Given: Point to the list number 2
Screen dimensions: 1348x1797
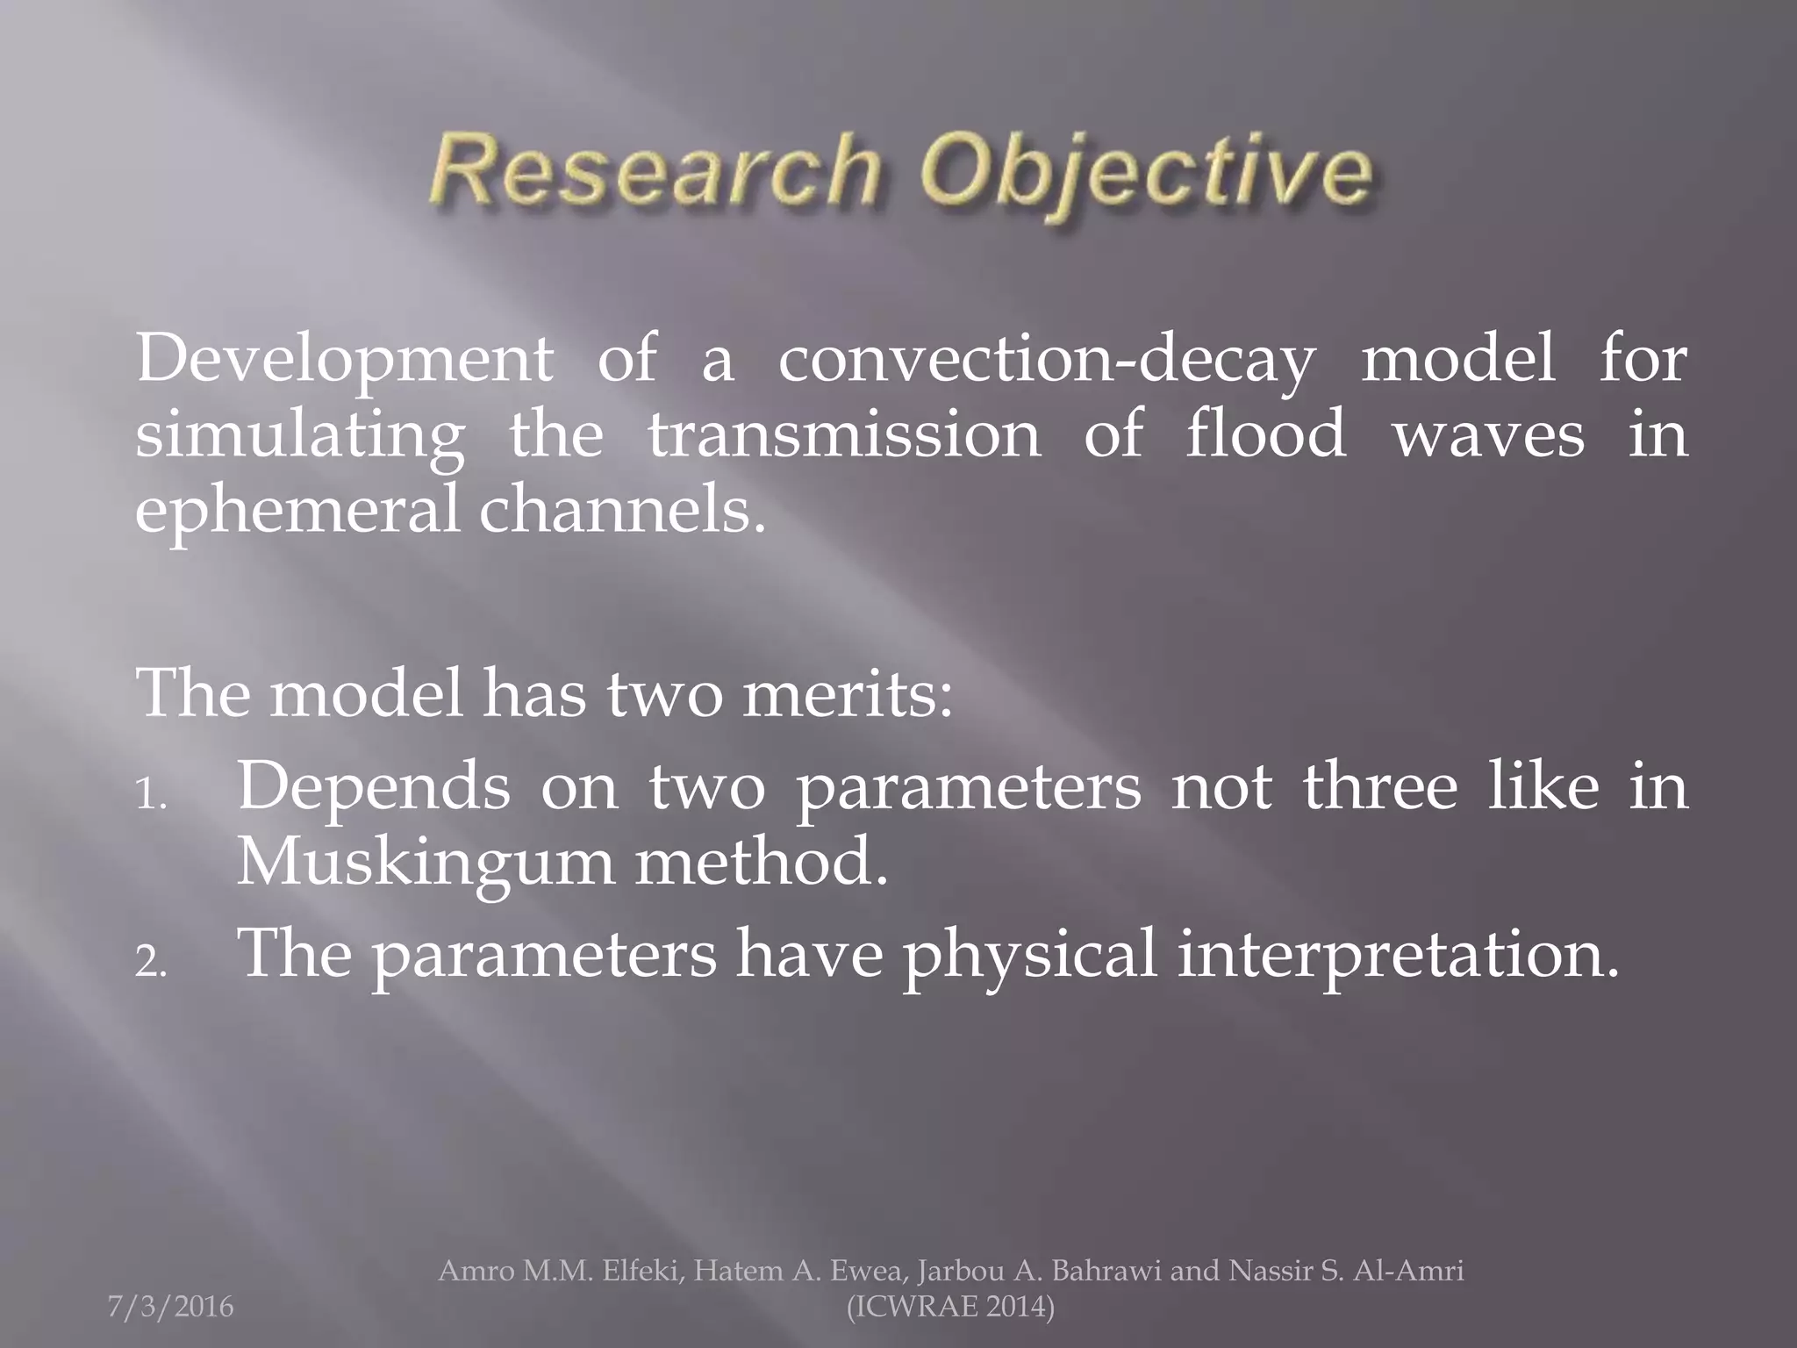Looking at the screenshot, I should pos(151,963).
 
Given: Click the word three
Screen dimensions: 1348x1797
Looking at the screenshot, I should pos(1379,786).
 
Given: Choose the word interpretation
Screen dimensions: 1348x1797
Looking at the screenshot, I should pos(1397,954).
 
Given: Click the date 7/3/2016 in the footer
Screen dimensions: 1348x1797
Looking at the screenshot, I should pos(171,1307).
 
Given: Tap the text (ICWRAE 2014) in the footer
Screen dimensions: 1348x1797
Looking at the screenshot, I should pos(950,1307).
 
